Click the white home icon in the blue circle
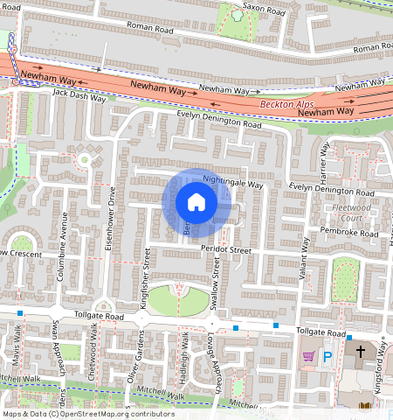click(x=196, y=203)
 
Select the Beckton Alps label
click(x=281, y=104)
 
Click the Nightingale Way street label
click(x=232, y=184)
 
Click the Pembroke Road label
click(x=349, y=234)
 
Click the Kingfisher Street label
click(x=147, y=274)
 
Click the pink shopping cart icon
click(x=307, y=355)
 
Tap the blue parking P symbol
click(x=328, y=356)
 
